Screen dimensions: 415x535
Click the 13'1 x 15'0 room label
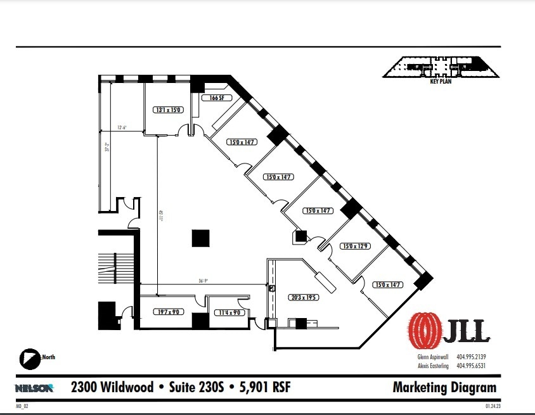click(168, 110)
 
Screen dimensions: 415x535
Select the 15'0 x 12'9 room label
click(355, 246)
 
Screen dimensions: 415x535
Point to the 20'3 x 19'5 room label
click(304, 297)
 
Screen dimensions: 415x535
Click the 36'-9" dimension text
click(203, 282)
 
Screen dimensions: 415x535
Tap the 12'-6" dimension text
click(122, 127)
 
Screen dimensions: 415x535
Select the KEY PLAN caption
click(441, 82)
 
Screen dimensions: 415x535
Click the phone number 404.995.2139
click(471, 356)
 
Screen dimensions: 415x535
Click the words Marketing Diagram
click(444, 387)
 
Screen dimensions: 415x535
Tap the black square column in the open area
click(201, 238)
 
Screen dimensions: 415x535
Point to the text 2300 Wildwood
click(112, 386)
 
